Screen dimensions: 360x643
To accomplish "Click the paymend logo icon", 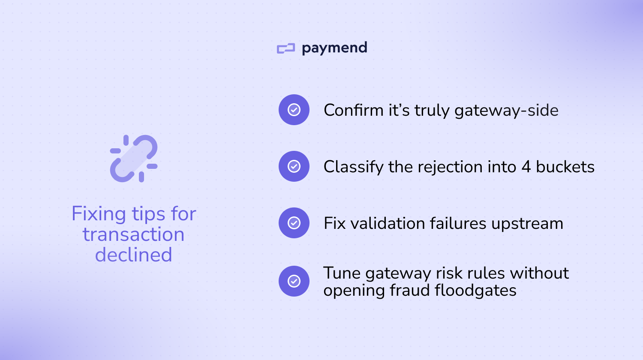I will pyautogui.click(x=286, y=48).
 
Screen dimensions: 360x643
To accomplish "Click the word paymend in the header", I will pyautogui.click(x=334, y=48).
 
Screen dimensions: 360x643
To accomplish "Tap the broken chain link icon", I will pyautogui.click(x=134, y=159).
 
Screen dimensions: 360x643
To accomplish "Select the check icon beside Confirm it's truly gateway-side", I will pyautogui.click(x=294, y=110).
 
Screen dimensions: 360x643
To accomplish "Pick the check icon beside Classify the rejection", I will pyautogui.click(x=294, y=166).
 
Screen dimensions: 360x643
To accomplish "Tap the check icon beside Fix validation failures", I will pyautogui.click(x=294, y=223).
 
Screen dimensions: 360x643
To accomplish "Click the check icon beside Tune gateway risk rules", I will pyautogui.click(x=294, y=281).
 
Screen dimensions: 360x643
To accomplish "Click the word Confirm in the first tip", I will pyautogui.click(x=354, y=110).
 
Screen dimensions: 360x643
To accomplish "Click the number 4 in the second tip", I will pyautogui.click(x=526, y=167).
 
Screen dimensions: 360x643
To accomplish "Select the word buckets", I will pyautogui.click(x=565, y=167).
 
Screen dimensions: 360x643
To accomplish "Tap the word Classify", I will pyautogui.click(x=353, y=167).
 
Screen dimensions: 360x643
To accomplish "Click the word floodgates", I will pyautogui.click(x=475, y=291).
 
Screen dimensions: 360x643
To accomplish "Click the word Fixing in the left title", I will pyautogui.click(x=99, y=214).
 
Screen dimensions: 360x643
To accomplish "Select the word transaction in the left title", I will pyautogui.click(x=134, y=234).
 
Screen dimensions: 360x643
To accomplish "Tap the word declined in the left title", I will pyautogui.click(x=134, y=255).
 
